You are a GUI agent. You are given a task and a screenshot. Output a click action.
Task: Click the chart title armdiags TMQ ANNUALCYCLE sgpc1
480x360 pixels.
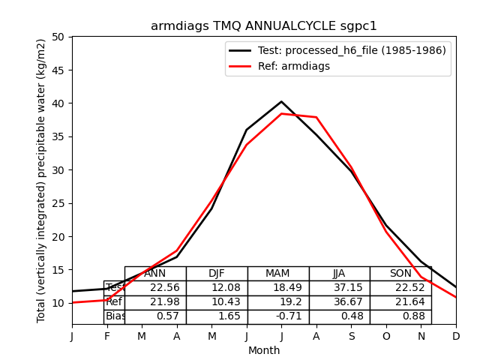264,26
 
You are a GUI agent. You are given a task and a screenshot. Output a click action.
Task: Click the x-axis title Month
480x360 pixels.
264,350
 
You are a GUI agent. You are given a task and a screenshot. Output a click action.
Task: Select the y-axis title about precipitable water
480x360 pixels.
42,180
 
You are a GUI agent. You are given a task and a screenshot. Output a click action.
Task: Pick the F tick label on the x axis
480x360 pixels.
107,336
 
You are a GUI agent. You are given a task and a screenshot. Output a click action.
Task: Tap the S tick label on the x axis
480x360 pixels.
351,336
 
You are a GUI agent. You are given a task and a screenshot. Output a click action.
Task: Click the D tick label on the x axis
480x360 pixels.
456,336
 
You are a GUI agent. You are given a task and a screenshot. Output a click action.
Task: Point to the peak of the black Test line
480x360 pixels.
281,101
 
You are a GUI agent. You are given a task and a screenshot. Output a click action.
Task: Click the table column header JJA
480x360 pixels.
339,274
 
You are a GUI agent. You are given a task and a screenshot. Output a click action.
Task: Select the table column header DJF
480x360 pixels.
217,274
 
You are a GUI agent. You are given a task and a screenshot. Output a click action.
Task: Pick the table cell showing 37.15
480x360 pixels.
339,288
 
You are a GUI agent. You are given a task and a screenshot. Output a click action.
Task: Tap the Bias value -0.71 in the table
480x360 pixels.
278,316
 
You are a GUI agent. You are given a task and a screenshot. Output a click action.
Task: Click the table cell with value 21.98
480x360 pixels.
155,302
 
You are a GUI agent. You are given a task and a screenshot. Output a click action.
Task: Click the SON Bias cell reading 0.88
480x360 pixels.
400,316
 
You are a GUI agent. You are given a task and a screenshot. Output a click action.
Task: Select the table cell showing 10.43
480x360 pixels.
217,302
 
